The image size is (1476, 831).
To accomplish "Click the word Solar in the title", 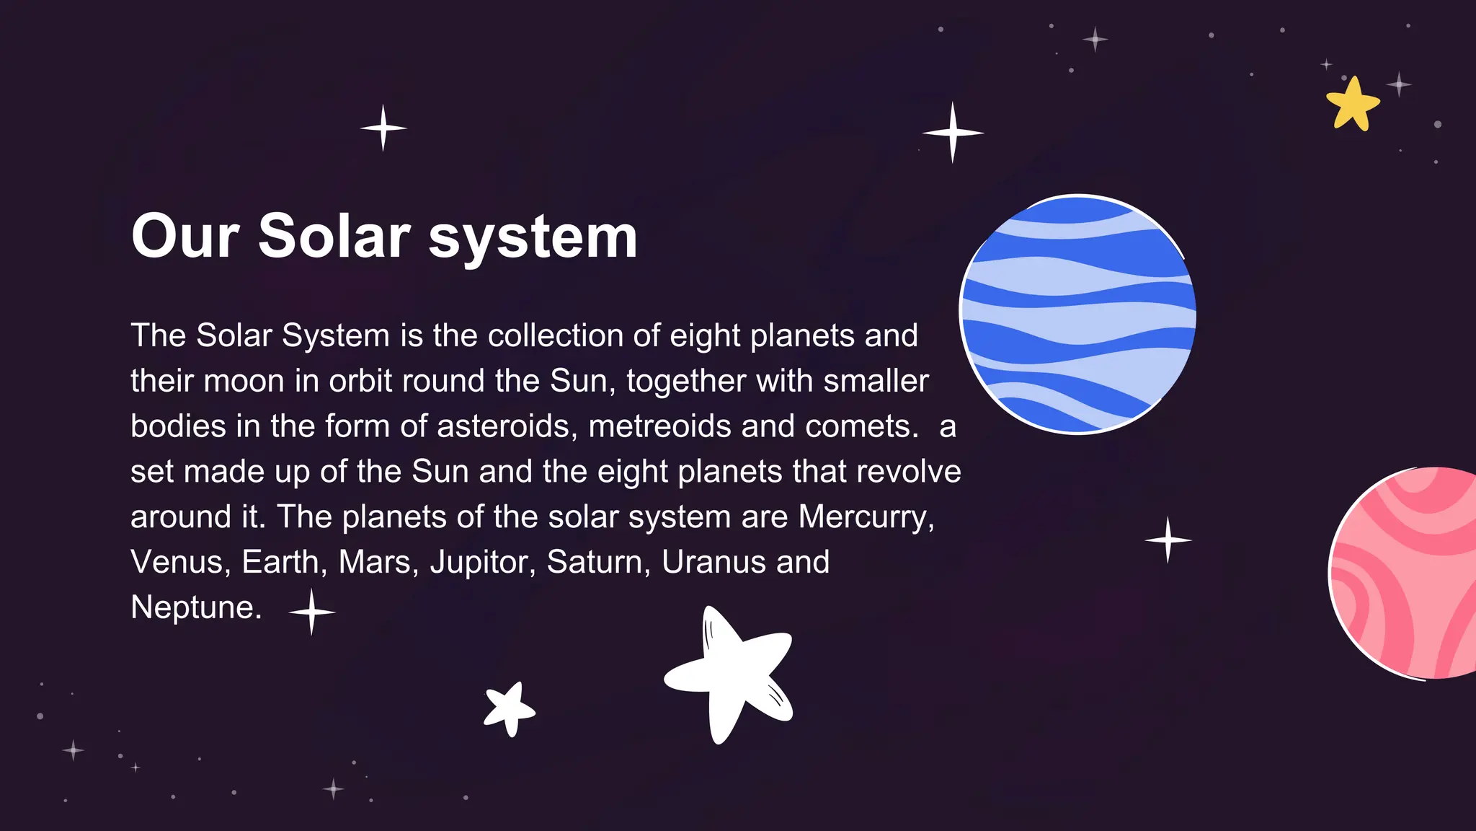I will (334, 237).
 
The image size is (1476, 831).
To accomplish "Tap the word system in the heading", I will (533, 238).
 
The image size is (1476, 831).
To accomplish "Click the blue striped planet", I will (1078, 315).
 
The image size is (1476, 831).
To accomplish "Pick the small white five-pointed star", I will (510, 708).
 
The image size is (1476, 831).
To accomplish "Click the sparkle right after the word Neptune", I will (311, 612).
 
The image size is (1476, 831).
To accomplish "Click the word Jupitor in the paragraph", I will (482, 563).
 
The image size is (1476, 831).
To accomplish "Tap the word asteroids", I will (507, 426).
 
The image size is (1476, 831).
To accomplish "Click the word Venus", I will (176, 563).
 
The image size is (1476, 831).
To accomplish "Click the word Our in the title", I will (185, 237).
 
